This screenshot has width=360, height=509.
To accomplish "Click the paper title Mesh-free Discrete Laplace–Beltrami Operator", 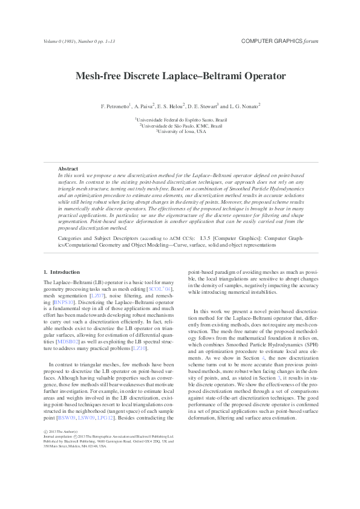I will click(180, 77).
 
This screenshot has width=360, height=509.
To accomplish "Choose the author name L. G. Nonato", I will click(244, 106).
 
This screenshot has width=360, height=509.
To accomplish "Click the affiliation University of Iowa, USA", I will click(181, 131).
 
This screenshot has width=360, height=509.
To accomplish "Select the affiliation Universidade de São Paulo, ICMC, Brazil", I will click(181, 126).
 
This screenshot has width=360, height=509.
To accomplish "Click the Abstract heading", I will click(68, 169).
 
